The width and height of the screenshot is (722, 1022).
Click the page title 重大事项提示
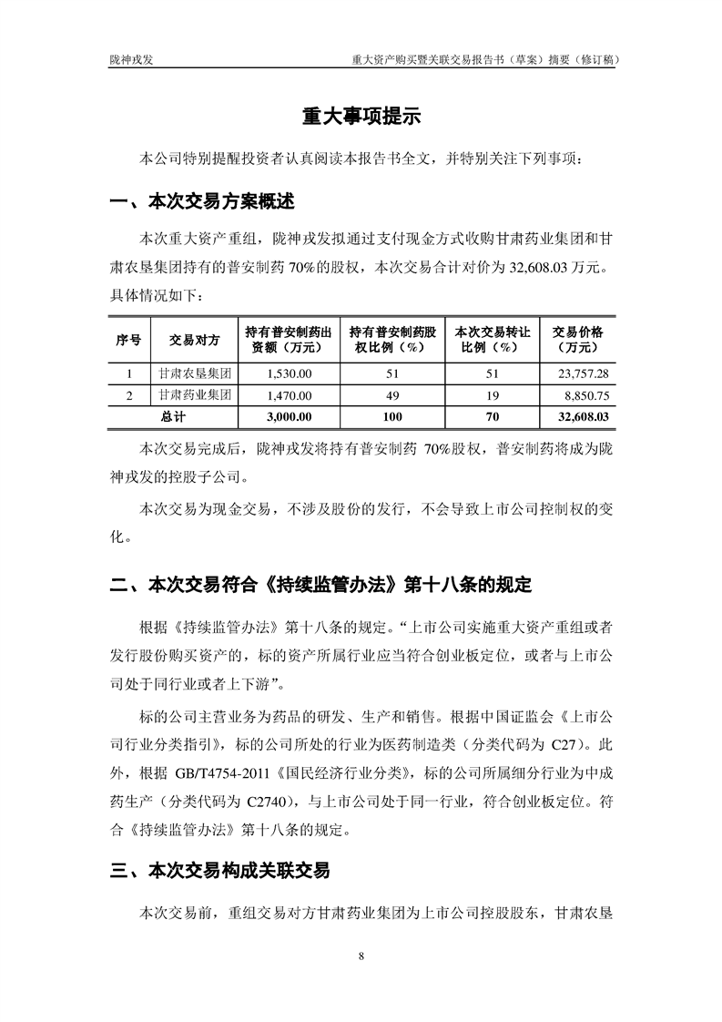(361, 118)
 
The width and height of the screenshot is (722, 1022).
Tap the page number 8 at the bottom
(361, 956)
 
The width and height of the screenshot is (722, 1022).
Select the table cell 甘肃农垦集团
(195, 373)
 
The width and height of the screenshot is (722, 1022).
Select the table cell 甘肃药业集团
(195, 395)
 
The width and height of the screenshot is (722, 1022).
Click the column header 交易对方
(195, 340)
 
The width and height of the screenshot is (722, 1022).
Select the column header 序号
(128, 340)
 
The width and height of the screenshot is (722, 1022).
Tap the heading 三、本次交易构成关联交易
(219, 872)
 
